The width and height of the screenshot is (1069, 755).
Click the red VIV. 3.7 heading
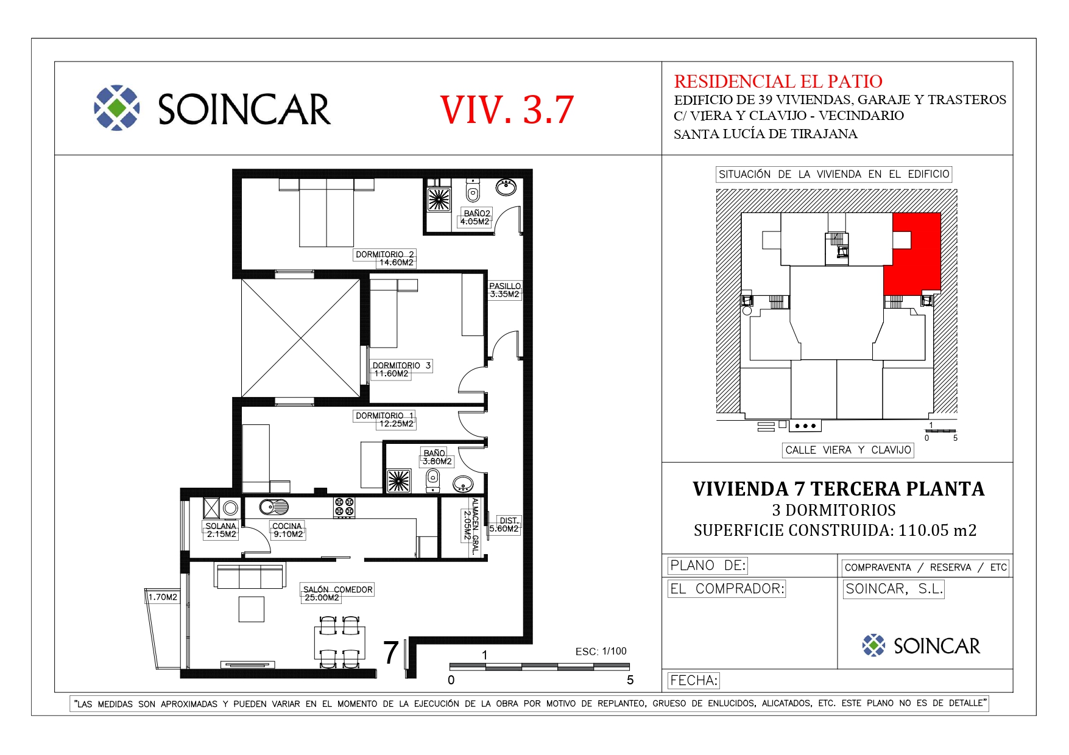pyautogui.click(x=507, y=110)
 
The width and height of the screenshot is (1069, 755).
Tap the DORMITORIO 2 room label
pyautogui.click(x=385, y=258)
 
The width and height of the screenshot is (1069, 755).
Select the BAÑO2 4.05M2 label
pyautogui.click(x=475, y=217)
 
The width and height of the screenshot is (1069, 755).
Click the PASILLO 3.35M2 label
pyautogui.click(x=505, y=290)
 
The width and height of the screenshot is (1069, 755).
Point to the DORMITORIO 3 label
pyautogui.click(x=401, y=370)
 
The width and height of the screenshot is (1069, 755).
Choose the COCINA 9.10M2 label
pyautogui.click(x=288, y=530)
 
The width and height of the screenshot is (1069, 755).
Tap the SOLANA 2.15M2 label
pyautogui.click(x=221, y=530)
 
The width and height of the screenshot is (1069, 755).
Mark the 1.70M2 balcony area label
pyautogui.click(x=163, y=597)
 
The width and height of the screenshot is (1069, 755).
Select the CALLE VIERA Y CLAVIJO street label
pyautogui.click(x=848, y=450)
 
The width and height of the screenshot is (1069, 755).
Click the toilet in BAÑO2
pyautogui.click(x=473, y=191)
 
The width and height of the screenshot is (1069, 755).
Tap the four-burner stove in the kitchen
pyautogui.click(x=344, y=507)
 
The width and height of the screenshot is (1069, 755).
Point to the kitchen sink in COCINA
pyautogui.click(x=274, y=506)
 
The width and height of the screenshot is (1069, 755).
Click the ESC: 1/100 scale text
pyautogui.click(x=601, y=651)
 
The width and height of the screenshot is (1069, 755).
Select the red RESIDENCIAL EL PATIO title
pyautogui.click(x=778, y=82)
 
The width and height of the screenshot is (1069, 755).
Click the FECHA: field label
pyautogui.click(x=694, y=681)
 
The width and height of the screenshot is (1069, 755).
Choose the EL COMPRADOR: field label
pyautogui.click(x=727, y=589)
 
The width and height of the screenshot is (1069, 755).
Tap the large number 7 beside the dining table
pyautogui.click(x=391, y=653)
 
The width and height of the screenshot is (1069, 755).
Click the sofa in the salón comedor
pyautogui.click(x=250, y=575)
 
